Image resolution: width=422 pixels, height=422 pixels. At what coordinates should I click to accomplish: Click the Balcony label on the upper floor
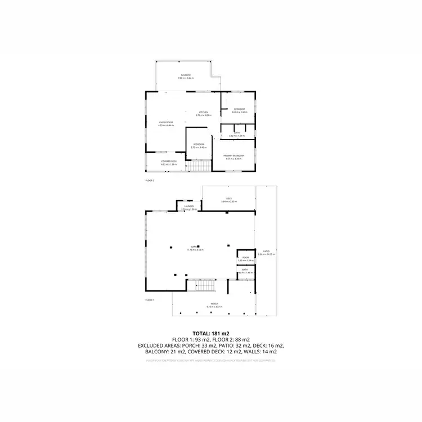[186, 75]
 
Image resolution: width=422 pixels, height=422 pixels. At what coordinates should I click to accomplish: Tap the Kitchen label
[204, 113]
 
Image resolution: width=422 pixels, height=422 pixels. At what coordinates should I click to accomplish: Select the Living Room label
[165, 122]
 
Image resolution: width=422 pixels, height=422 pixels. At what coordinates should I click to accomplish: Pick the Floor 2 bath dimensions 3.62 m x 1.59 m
[237, 136]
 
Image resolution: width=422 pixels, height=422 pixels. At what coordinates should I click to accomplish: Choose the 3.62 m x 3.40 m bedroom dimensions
[239, 112]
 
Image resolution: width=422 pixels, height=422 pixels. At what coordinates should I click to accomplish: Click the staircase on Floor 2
[199, 166]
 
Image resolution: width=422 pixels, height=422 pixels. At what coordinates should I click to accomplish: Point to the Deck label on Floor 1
[229, 199]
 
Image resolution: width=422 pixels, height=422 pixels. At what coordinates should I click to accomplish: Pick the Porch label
[214, 304]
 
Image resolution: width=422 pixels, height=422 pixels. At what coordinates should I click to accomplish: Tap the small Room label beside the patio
[245, 258]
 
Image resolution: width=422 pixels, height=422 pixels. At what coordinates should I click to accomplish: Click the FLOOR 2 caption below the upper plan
[150, 181]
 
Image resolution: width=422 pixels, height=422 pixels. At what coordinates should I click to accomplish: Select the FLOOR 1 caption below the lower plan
[150, 300]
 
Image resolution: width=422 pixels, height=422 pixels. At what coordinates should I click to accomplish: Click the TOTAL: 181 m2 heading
[211, 334]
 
